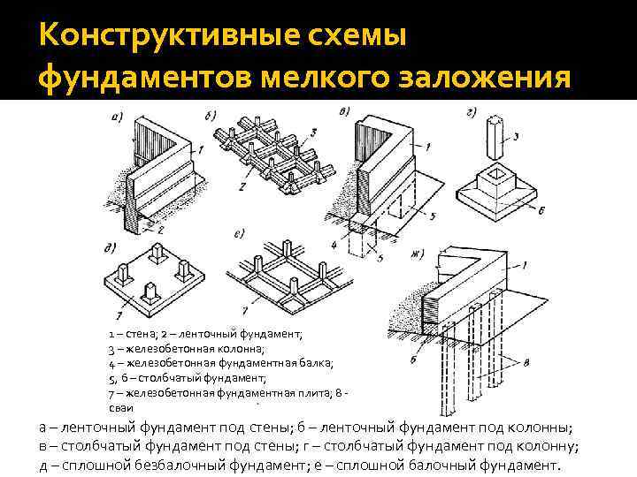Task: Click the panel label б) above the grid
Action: (x=211, y=116)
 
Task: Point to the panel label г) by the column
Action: (x=472, y=112)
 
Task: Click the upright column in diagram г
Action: (x=493, y=141)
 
